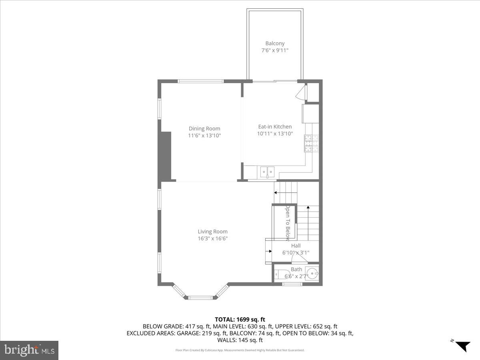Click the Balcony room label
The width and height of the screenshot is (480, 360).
(275, 43)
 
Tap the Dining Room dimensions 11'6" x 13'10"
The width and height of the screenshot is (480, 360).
(204, 136)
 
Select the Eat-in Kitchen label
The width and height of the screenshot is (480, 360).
(275, 126)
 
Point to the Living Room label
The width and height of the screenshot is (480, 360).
(212, 231)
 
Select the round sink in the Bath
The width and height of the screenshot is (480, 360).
(312, 274)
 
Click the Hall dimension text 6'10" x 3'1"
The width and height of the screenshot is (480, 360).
(296, 253)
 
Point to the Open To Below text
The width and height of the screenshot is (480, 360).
(287, 223)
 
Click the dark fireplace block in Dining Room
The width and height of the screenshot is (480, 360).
(165, 156)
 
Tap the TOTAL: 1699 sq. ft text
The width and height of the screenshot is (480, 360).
(240, 319)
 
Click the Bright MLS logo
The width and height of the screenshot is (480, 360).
(29, 350)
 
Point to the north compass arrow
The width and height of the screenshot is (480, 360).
(463, 345)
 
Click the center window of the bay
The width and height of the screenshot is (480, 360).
(201, 297)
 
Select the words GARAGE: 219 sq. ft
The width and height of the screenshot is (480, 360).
(205, 333)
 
